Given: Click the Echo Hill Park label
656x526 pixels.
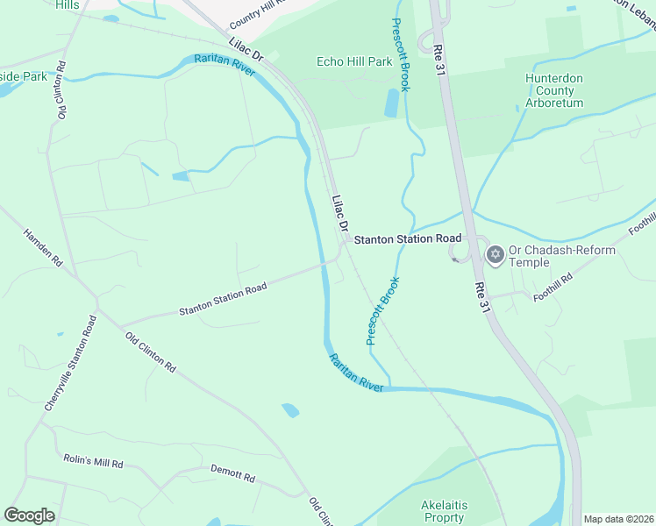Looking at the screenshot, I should [x=354, y=62].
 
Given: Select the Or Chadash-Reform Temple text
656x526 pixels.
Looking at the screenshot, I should [x=561, y=256].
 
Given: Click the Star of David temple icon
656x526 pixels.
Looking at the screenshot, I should [x=495, y=254].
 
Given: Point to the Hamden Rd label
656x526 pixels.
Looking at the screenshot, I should [x=43, y=249].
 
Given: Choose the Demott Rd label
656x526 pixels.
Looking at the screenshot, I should [x=232, y=474].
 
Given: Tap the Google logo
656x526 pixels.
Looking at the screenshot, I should [x=29, y=515].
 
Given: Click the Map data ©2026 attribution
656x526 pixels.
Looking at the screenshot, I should [x=618, y=519].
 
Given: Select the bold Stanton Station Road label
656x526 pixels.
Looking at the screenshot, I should [x=407, y=238].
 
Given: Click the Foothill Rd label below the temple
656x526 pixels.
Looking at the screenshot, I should [x=553, y=288].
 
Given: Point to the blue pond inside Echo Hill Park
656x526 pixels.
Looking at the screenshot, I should [x=392, y=103].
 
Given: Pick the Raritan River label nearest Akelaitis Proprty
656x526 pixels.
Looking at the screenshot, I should [x=356, y=372].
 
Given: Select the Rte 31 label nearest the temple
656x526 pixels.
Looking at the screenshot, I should [x=480, y=298].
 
